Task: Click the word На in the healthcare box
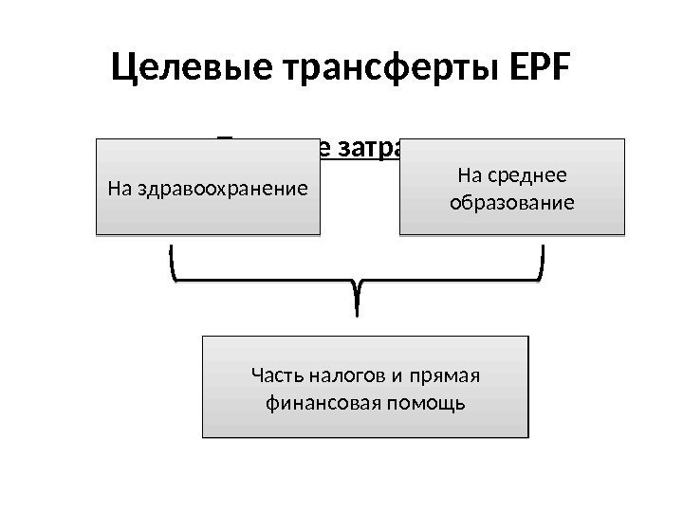pyautogui.click(x=120, y=188)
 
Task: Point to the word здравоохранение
pyautogui.click(x=222, y=188)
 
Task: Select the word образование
pyautogui.click(x=513, y=202)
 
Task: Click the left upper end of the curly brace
pyautogui.click(x=174, y=247)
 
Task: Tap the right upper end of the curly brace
pyautogui.click(x=543, y=247)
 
